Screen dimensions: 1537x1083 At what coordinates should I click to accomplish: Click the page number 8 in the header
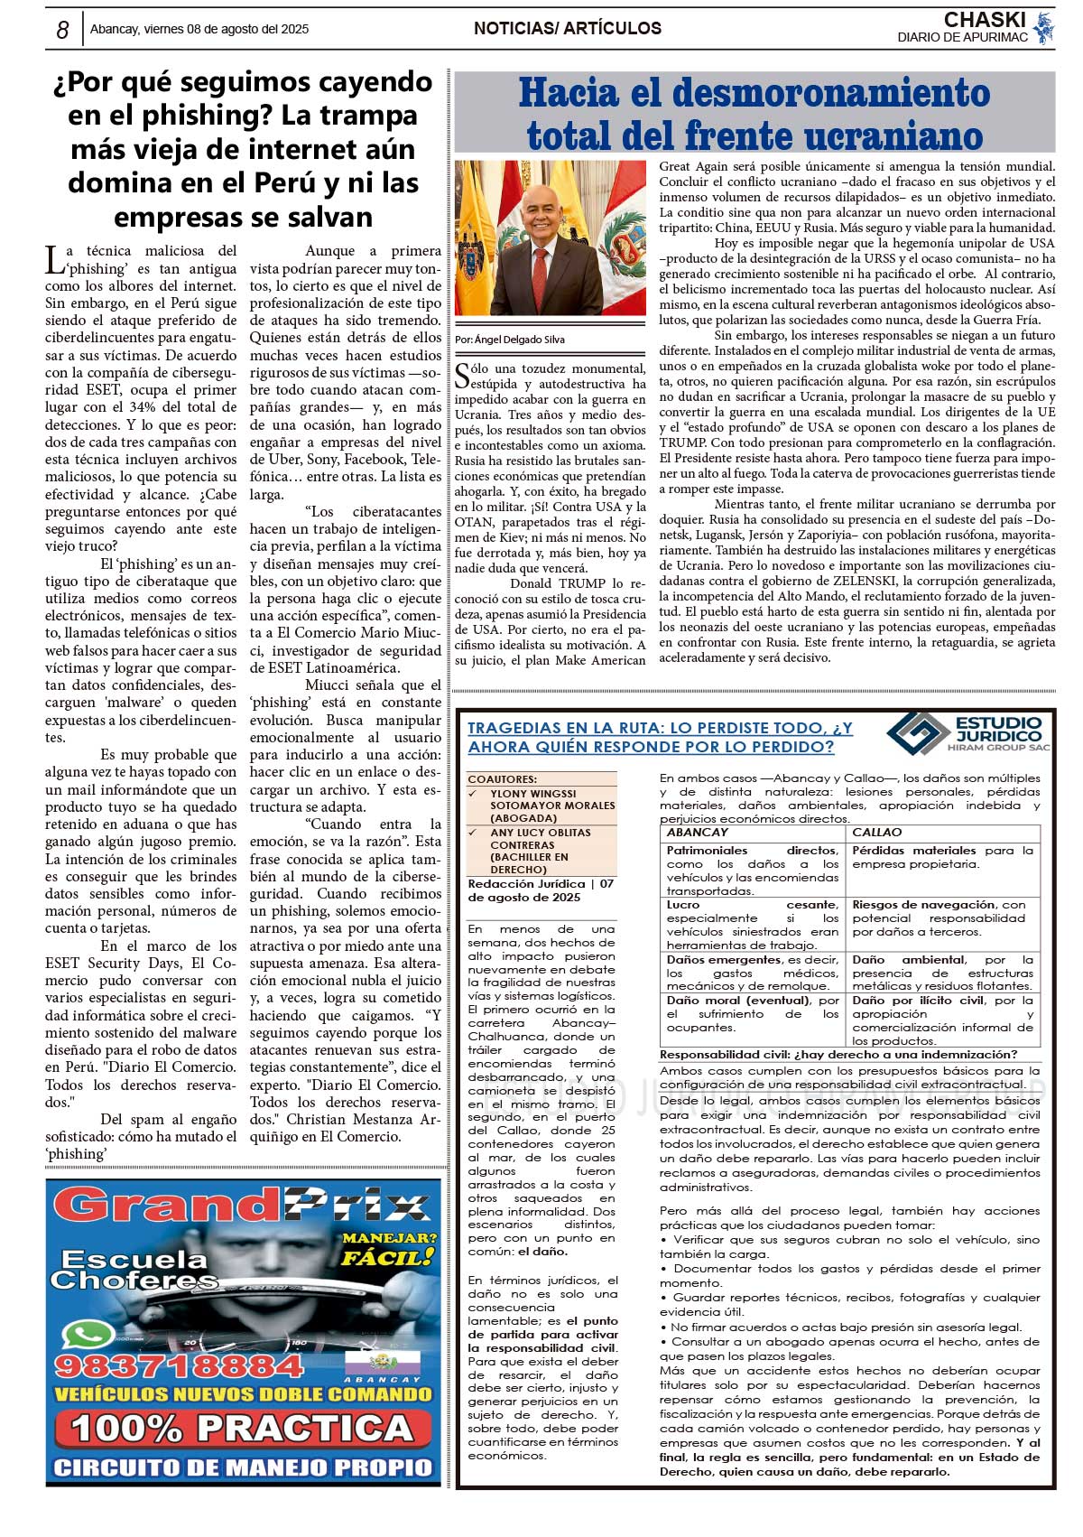tap(62, 30)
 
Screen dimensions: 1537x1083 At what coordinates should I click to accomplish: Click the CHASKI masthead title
tap(984, 20)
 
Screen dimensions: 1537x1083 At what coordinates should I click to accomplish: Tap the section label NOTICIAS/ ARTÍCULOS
tap(567, 29)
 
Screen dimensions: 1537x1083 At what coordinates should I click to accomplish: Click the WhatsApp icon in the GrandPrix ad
tap(88, 1333)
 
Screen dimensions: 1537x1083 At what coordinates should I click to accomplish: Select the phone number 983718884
tap(179, 1365)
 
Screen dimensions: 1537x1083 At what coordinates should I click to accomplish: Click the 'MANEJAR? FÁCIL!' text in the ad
tap(388, 1247)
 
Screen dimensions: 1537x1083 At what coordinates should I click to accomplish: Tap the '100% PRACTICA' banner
tap(242, 1429)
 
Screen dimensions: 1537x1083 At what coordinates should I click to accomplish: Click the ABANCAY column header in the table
tap(697, 833)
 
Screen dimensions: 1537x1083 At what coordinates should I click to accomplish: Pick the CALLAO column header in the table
tap(876, 833)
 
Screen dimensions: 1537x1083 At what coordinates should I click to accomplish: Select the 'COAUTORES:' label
tap(502, 779)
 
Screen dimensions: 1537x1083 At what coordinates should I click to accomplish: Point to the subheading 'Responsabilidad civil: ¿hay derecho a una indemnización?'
tap(838, 1055)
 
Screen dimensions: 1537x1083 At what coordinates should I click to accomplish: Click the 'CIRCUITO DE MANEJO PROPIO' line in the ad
tap(243, 1467)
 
